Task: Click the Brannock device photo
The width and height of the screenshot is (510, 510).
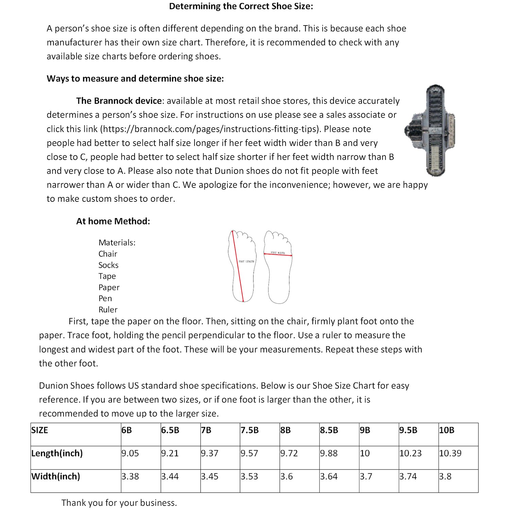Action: [430, 130]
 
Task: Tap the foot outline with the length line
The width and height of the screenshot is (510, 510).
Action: [242, 266]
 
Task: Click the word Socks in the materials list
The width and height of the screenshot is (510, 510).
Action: [108, 265]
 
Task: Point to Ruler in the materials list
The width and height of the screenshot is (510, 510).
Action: [108, 310]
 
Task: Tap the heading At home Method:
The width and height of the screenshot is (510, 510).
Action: [113, 221]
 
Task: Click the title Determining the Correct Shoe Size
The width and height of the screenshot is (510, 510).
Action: [241, 6]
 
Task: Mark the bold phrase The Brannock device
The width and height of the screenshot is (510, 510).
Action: [119, 101]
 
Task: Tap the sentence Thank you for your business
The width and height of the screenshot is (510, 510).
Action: [119, 503]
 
